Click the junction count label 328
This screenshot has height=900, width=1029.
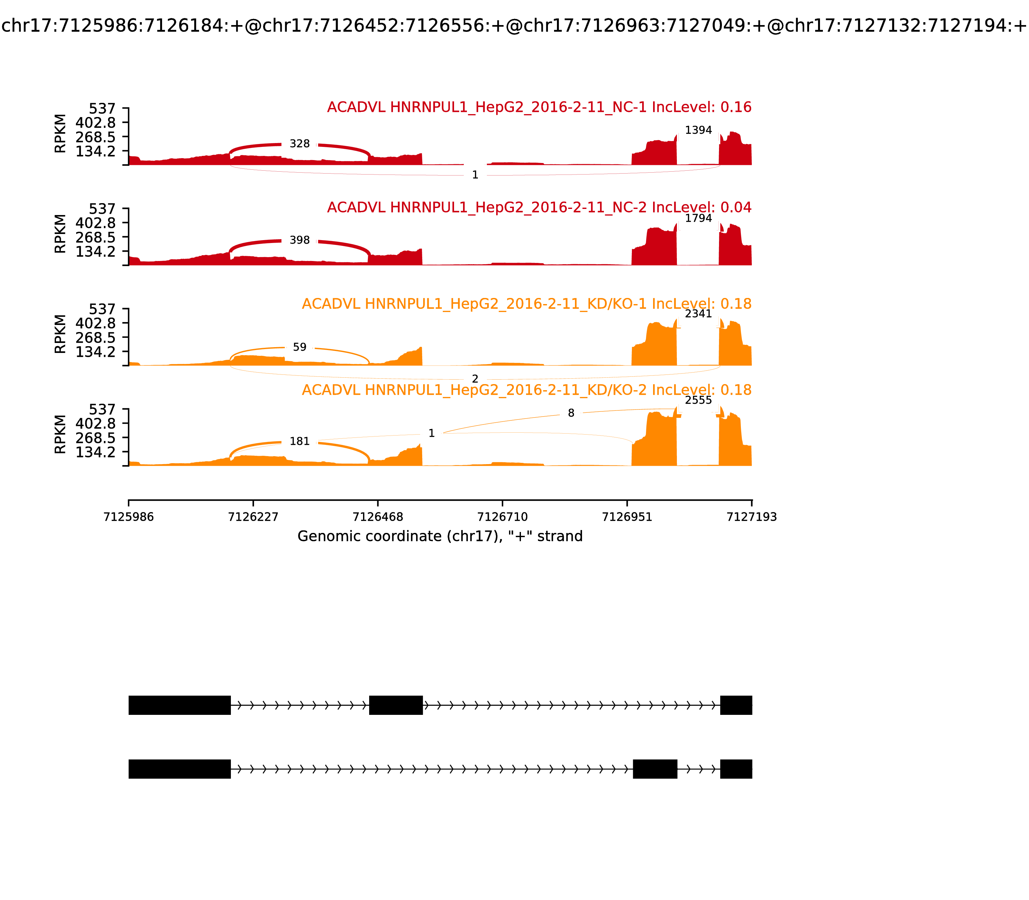click(299, 144)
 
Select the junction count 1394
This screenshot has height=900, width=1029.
click(698, 130)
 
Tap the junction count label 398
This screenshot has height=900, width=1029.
click(299, 240)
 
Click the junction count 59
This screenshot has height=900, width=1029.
click(299, 347)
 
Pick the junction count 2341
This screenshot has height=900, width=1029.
click(698, 314)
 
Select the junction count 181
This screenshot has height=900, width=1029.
click(299, 441)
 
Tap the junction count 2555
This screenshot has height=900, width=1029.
click(698, 400)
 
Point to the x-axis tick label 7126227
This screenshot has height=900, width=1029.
click(253, 517)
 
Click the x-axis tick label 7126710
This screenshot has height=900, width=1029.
click(502, 517)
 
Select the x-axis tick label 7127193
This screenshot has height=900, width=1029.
click(752, 517)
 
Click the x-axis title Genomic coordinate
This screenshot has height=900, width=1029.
click(440, 536)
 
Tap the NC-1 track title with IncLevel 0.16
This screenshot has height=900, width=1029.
click(539, 107)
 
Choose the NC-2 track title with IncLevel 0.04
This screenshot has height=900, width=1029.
click(539, 207)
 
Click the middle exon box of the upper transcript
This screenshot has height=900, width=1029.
click(396, 705)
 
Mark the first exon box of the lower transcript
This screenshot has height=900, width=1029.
click(179, 769)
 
